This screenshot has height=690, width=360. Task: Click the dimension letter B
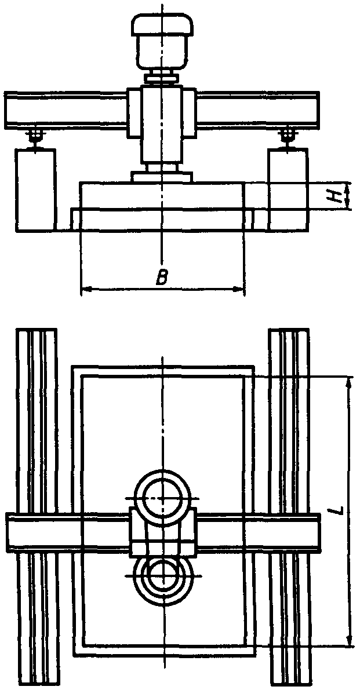coord(162,278)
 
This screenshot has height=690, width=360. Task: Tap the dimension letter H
coord(334,195)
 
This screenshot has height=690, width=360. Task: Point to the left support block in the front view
coord(36,189)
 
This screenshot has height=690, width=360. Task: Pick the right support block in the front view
coord(287,189)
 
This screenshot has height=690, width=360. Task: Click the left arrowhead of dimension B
coord(84,289)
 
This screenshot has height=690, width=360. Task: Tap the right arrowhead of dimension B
coord(241,289)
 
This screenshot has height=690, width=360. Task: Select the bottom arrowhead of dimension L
coord(349,641)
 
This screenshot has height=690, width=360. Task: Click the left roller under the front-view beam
coord(37,136)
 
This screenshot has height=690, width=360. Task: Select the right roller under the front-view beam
coord(286,136)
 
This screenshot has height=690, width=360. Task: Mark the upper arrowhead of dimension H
coord(348,187)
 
